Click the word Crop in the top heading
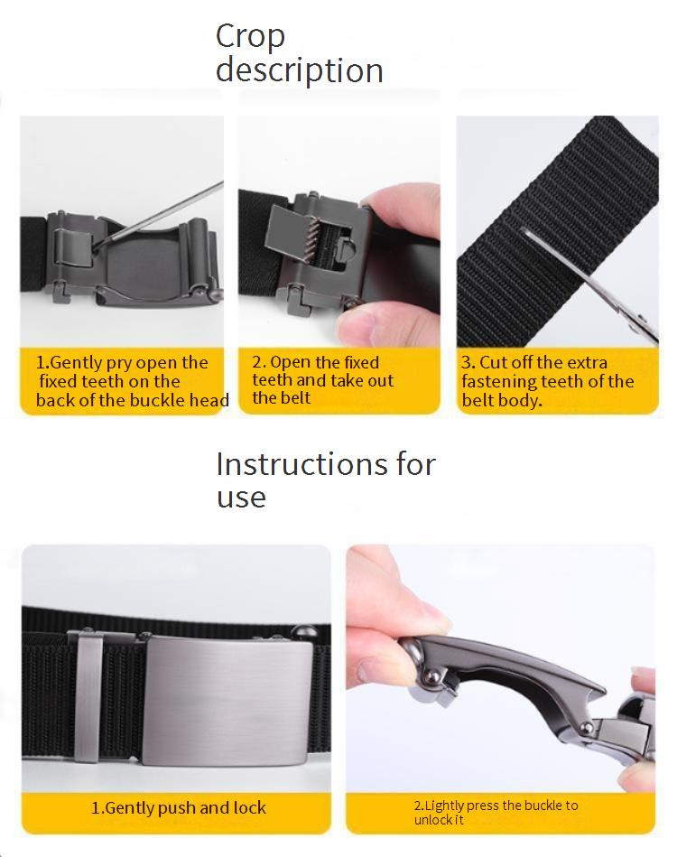[x=250, y=38]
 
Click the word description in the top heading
[x=300, y=71]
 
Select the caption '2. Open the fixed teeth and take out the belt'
[x=322, y=380]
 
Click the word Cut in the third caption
[x=494, y=362]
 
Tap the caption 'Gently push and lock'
[x=178, y=808]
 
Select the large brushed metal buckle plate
[x=227, y=703]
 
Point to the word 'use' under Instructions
[x=241, y=498]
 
